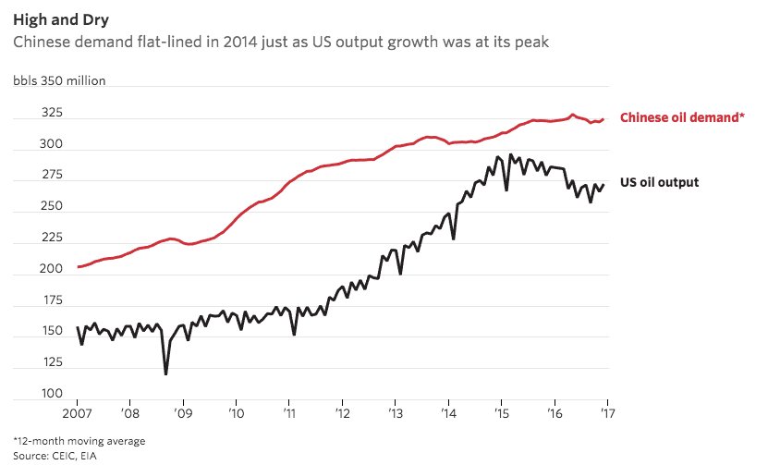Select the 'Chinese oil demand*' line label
pos(681,117)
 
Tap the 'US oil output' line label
pos(659,182)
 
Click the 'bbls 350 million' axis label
pos(59,80)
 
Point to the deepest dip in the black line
pos(165,373)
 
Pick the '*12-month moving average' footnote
pos(79,440)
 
